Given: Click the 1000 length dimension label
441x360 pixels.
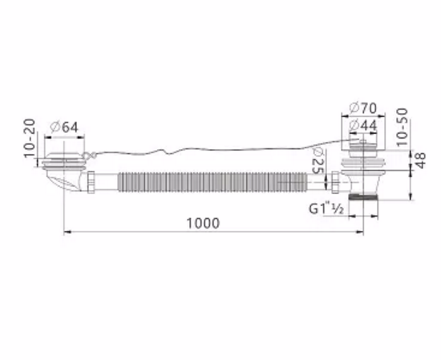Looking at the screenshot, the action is coord(203,224).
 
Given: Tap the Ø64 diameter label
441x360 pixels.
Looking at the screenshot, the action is coord(64,127).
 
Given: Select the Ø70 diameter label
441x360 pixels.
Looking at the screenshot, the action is coord(362,108).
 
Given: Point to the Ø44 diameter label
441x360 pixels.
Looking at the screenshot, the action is coord(362,125).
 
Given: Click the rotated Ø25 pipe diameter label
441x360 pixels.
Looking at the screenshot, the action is coord(318,161).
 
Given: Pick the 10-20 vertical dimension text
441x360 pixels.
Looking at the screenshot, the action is coord(30,139).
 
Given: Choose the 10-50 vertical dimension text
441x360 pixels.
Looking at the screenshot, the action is coord(402,127).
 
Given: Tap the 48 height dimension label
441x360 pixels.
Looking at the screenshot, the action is coord(420,160).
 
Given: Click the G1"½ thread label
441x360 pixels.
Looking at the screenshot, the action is coord(326,209).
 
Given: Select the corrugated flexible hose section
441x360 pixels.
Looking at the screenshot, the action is coord(212,182).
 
